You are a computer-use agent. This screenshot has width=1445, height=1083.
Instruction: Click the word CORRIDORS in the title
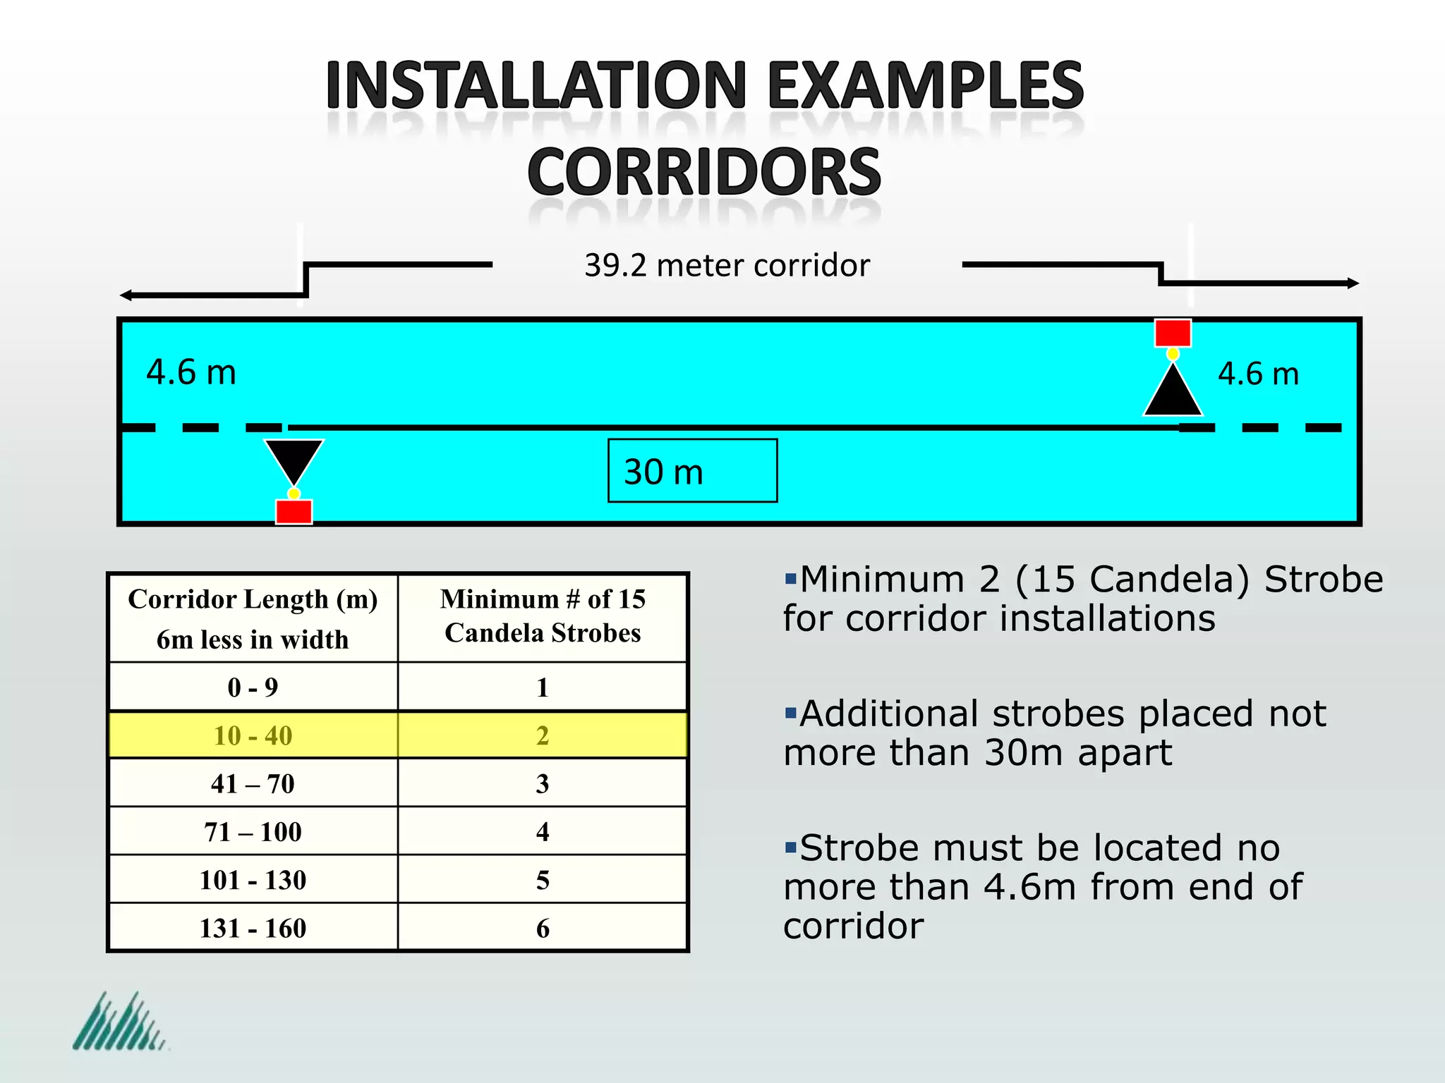point(704,172)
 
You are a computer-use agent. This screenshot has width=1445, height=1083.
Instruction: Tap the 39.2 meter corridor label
point(727,266)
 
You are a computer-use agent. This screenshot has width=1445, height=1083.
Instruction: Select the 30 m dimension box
point(692,471)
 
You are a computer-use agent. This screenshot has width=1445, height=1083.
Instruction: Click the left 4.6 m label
point(191,372)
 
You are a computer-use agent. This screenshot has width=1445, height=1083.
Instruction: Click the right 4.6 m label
point(1258,374)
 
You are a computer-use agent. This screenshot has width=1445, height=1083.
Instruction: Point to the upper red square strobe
point(1173,333)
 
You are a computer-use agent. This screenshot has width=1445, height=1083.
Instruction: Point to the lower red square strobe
point(294,511)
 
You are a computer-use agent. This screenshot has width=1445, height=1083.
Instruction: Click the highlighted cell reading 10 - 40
point(253,735)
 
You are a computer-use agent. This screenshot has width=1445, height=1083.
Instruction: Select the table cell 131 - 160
point(253,928)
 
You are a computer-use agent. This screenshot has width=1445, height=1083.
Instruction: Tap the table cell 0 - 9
point(253,687)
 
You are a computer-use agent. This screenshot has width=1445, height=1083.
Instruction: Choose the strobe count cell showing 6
point(542,928)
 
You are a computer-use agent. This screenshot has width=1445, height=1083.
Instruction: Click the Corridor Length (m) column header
point(253,618)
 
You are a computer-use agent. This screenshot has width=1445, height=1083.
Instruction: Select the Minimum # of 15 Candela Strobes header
point(542,616)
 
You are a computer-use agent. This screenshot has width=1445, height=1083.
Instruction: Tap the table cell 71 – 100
point(253,832)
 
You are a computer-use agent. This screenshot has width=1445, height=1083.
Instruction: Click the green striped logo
point(119,1022)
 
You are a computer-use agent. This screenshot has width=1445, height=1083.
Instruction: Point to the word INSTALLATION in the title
point(536,86)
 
